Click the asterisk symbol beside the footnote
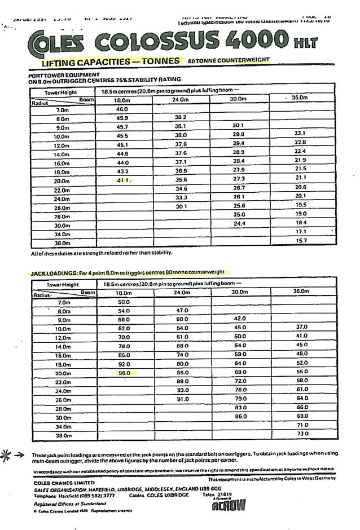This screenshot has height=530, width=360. (8, 454)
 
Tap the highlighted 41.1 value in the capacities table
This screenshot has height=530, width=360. (124, 180)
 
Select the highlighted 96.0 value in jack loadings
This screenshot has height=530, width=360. (124, 373)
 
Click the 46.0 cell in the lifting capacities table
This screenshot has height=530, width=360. (122, 109)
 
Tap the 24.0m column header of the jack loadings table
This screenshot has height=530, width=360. (181, 292)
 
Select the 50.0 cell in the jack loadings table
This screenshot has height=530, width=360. (124, 302)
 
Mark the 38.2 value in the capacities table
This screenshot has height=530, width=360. (181, 118)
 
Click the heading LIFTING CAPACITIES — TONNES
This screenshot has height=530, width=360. (110, 61)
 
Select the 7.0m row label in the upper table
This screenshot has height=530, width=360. (62, 109)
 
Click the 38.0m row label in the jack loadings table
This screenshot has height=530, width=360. (62, 435)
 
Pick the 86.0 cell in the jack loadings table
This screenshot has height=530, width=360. (241, 416)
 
